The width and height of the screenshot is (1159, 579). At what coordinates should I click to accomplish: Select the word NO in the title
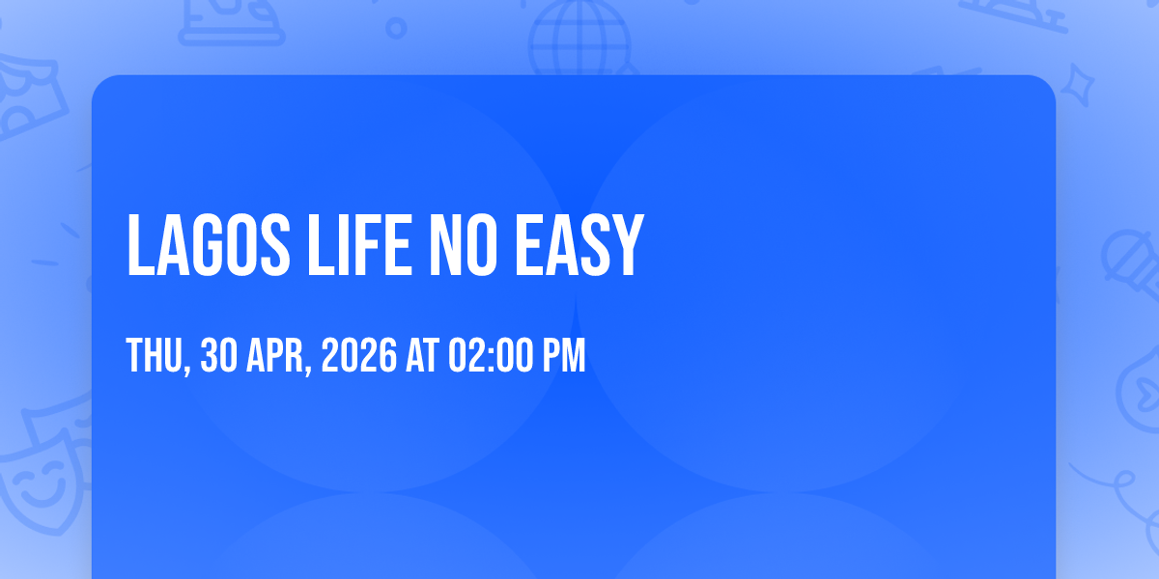463,245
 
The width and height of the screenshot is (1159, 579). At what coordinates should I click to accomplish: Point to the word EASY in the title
579,245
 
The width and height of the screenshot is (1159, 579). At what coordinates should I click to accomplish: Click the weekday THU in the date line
155,355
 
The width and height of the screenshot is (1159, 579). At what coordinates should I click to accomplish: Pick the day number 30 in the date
219,355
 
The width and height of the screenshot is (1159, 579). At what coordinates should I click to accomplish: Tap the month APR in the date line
275,355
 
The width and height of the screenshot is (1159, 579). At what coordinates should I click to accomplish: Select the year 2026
359,355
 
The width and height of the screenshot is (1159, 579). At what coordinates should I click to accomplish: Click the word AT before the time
423,355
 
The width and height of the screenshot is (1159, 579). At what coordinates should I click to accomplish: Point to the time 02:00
491,355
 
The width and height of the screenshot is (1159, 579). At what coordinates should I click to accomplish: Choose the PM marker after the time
563,355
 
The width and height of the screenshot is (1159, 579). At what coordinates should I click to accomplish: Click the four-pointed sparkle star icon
1077,85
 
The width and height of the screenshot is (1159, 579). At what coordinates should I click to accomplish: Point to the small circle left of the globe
396,28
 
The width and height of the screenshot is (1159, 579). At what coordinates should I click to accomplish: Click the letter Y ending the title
628,245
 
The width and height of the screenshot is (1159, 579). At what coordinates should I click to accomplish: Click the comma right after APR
308,368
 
